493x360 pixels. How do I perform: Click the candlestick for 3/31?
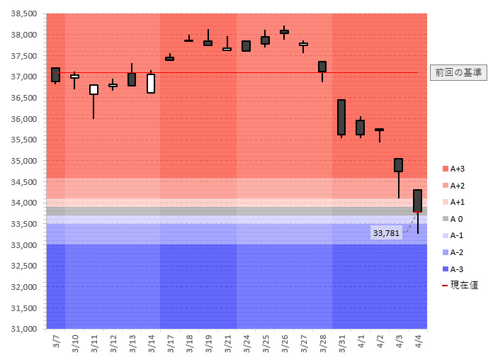(341, 117)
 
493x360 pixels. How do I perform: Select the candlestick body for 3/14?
(151, 84)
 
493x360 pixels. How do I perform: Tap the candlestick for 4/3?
(398, 165)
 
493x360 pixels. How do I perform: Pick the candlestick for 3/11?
(93, 89)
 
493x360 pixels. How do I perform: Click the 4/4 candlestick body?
(417, 201)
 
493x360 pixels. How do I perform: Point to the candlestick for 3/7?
(56, 74)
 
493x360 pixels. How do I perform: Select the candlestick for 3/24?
(246, 46)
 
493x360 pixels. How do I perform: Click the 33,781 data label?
(386, 232)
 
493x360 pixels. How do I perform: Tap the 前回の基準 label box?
(458, 72)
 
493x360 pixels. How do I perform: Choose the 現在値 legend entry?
(460, 285)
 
